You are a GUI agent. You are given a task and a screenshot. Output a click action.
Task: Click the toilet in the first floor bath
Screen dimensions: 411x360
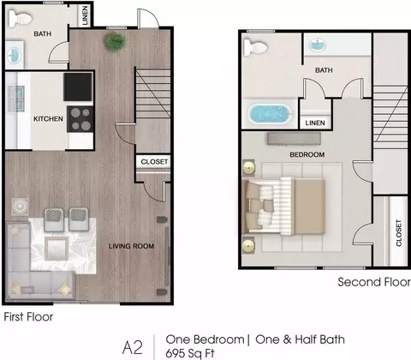click(x=17, y=18)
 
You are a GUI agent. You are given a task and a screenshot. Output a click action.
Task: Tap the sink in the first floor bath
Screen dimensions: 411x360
click(x=14, y=55)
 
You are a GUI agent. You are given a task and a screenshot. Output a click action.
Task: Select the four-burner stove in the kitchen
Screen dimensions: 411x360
click(x=80, y=119)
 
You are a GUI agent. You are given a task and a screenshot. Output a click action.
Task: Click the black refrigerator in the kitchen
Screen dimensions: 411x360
click(x=78, y=87)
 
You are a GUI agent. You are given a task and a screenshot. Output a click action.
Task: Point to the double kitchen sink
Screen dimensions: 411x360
click(x=16, y=99)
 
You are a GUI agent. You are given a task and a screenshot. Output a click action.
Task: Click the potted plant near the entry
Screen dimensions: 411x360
click(x=116, y=42)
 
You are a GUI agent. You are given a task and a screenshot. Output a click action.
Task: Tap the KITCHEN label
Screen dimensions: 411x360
click(x=48, y=118)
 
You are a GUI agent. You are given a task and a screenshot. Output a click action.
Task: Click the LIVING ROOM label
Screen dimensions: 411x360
click(x=131, y=246)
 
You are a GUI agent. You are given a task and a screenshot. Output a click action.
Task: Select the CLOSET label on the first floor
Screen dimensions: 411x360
click(x=154, y=162)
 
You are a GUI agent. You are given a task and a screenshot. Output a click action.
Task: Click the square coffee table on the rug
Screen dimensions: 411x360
click(x=57, y=249)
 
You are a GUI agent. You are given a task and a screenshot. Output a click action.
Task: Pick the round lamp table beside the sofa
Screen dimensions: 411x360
click(x=20, y=206)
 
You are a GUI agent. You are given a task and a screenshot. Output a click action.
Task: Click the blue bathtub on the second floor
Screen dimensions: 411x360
click(x=271, y=114)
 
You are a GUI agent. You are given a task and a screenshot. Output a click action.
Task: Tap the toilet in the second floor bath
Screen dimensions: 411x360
click(x=255, y=47)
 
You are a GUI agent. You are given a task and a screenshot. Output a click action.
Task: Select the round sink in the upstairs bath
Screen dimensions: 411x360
click(x=318, y=45)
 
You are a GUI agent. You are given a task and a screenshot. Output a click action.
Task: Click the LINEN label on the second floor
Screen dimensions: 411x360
click(x=315, y=123)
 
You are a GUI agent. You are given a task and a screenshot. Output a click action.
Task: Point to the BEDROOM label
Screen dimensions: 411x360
click(x=307, y=154)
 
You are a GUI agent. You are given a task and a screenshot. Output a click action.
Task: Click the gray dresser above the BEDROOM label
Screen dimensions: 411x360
click(x=294, y=139)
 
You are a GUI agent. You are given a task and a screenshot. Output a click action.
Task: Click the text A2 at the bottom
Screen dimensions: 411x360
click(x=132, y=347)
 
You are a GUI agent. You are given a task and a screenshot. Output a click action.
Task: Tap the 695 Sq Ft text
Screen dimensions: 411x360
click(x=190, y=353)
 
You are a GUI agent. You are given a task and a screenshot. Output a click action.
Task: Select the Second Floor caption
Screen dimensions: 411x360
click(x=374, y=282)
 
